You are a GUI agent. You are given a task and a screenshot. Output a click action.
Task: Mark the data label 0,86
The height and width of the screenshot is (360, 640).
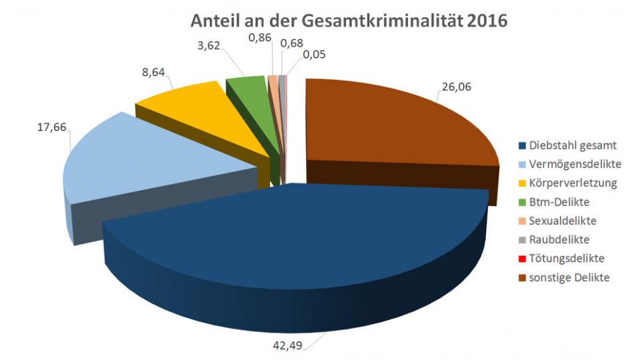coord(260,39)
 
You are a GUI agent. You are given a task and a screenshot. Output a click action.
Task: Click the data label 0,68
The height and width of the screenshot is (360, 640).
coord(292,43)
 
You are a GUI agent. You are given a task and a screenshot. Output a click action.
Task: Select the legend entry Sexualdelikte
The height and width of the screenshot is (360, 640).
coord(564,220)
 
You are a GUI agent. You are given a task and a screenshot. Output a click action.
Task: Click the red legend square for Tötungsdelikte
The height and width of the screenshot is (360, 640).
coord(522,258)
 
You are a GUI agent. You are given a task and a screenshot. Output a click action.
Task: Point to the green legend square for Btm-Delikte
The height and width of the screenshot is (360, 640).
coord(522,201)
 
